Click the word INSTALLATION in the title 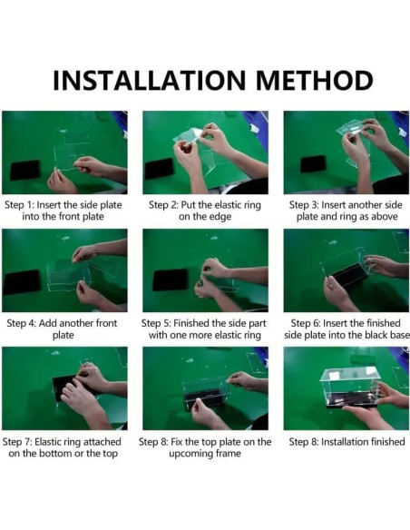pos(149,81)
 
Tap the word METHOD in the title pos(314,81)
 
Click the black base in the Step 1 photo pos(24,170)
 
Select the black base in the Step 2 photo pos(159,169)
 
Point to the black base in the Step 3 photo pos(314,164)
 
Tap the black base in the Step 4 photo pos(22,282)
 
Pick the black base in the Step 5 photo pos(171,280)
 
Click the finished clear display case pos(349,387)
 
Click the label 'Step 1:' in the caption pos(19,205)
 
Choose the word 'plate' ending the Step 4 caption pos(63,335)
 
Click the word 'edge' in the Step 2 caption pos(220,217)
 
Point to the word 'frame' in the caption pos(229,453)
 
